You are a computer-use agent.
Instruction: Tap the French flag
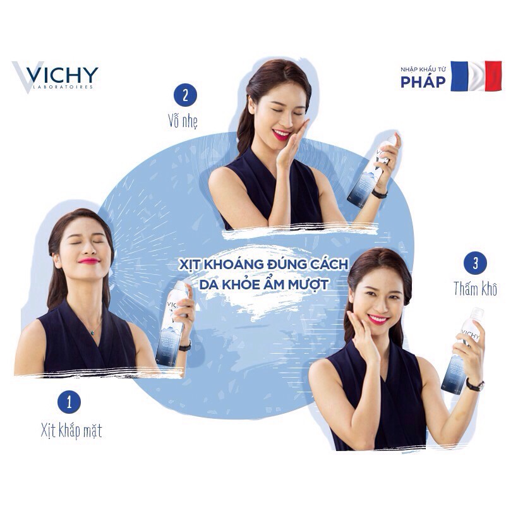(476, 76)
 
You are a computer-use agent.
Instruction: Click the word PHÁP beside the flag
(423, 81)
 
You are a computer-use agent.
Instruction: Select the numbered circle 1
(69, 402)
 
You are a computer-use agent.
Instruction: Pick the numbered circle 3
(476, 263)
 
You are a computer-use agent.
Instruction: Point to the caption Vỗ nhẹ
(183, 121)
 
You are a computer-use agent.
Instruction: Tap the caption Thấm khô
(476, 289)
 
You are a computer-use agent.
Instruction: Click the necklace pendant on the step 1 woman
(93, 333)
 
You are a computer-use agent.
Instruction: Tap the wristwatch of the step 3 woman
(475, 385)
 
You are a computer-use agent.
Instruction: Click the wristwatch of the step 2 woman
(379, 194)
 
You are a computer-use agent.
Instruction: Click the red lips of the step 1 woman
(89, 261)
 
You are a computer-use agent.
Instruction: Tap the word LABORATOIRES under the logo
(63, 87)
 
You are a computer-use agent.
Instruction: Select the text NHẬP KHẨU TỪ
(423, 69)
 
